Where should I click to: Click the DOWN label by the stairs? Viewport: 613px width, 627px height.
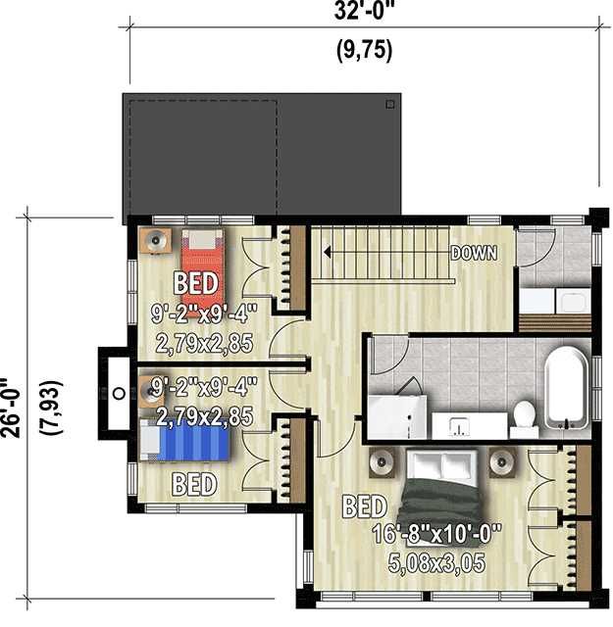click(x=474, y=253)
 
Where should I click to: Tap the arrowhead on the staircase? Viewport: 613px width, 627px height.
click(x=327, y=253)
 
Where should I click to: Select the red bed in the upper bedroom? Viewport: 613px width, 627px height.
click(x=202, y=271)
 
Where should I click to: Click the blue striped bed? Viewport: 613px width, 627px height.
click(x=185, y=440)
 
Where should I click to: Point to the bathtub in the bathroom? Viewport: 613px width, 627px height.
click(x=567, y=389)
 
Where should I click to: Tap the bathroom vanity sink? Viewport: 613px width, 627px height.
click(x=459, y=426)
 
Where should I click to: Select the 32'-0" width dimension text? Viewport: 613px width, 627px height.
click(x=364, y=11)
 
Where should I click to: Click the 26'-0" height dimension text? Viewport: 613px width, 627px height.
click(x=11, y=408)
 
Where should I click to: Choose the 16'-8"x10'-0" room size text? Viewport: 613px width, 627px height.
click(x=436, y=534)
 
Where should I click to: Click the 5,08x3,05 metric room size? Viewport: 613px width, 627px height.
click(x=436, y=563)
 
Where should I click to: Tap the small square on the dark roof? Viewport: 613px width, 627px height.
click(x=390, y=105)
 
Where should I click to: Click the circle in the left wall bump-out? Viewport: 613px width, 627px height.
click(x=119, y=394)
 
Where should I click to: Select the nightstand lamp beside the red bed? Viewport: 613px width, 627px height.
click(x=155, y=240)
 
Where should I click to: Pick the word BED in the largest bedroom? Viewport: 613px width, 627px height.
click(x=364, y=506)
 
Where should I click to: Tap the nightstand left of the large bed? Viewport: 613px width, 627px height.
click(x=382, y=462)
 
